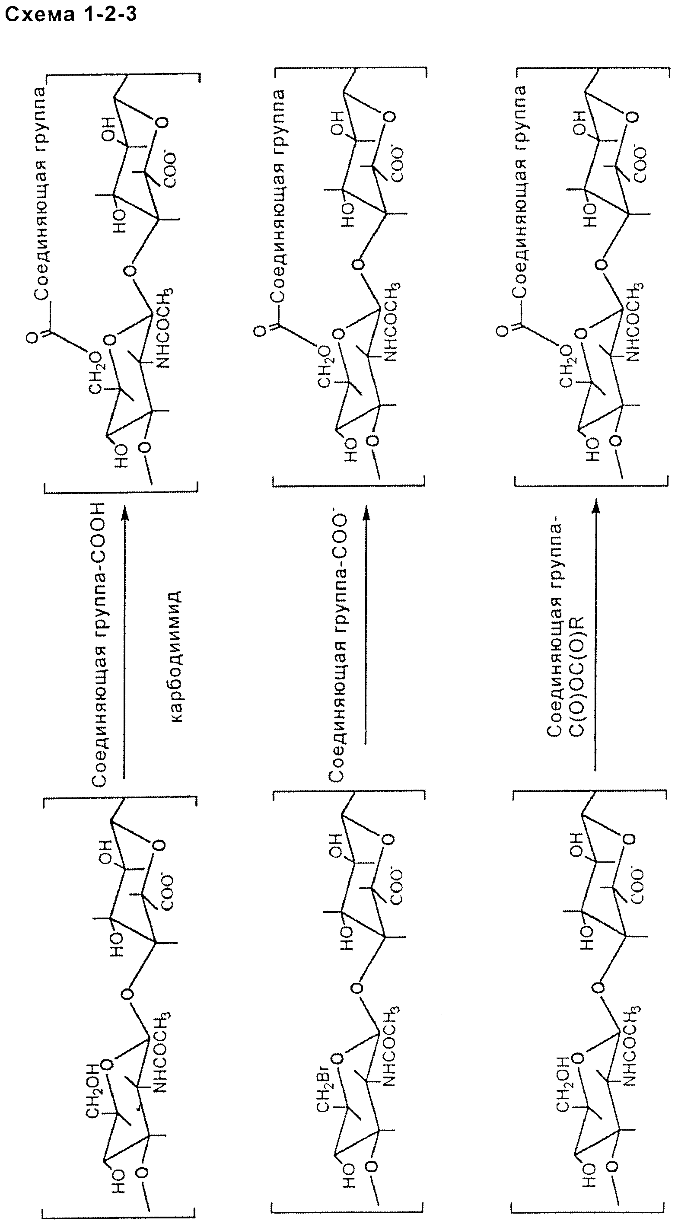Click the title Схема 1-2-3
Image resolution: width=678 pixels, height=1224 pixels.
[70, 14]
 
